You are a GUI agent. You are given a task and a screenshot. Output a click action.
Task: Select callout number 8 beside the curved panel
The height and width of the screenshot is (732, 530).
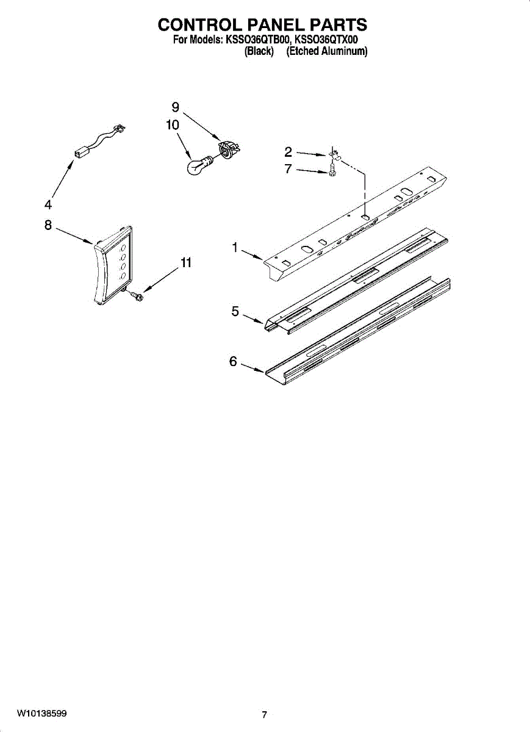(48, 225)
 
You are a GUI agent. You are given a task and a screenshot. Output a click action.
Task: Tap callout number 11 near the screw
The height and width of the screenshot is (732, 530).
(186, 263)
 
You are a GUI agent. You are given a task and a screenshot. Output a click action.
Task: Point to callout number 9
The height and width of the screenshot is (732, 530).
(175, 107)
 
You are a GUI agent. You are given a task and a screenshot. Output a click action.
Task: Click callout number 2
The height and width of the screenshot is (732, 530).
(288, 152)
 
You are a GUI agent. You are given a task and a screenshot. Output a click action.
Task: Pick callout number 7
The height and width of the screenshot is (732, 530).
(288, 169)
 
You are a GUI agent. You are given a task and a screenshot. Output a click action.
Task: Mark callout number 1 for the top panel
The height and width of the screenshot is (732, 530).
(234, 247)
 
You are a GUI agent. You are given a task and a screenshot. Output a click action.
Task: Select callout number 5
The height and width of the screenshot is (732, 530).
(235, 311)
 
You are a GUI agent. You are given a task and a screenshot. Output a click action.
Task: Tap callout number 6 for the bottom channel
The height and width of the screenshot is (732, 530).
(233, 361)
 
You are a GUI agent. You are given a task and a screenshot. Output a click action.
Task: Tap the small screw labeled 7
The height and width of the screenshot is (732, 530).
(332, 173)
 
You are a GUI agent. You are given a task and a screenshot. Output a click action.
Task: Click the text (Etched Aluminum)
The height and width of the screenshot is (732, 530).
(327, 52)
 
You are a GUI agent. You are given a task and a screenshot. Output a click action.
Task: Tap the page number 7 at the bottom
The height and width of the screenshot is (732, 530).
(264, 715)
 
